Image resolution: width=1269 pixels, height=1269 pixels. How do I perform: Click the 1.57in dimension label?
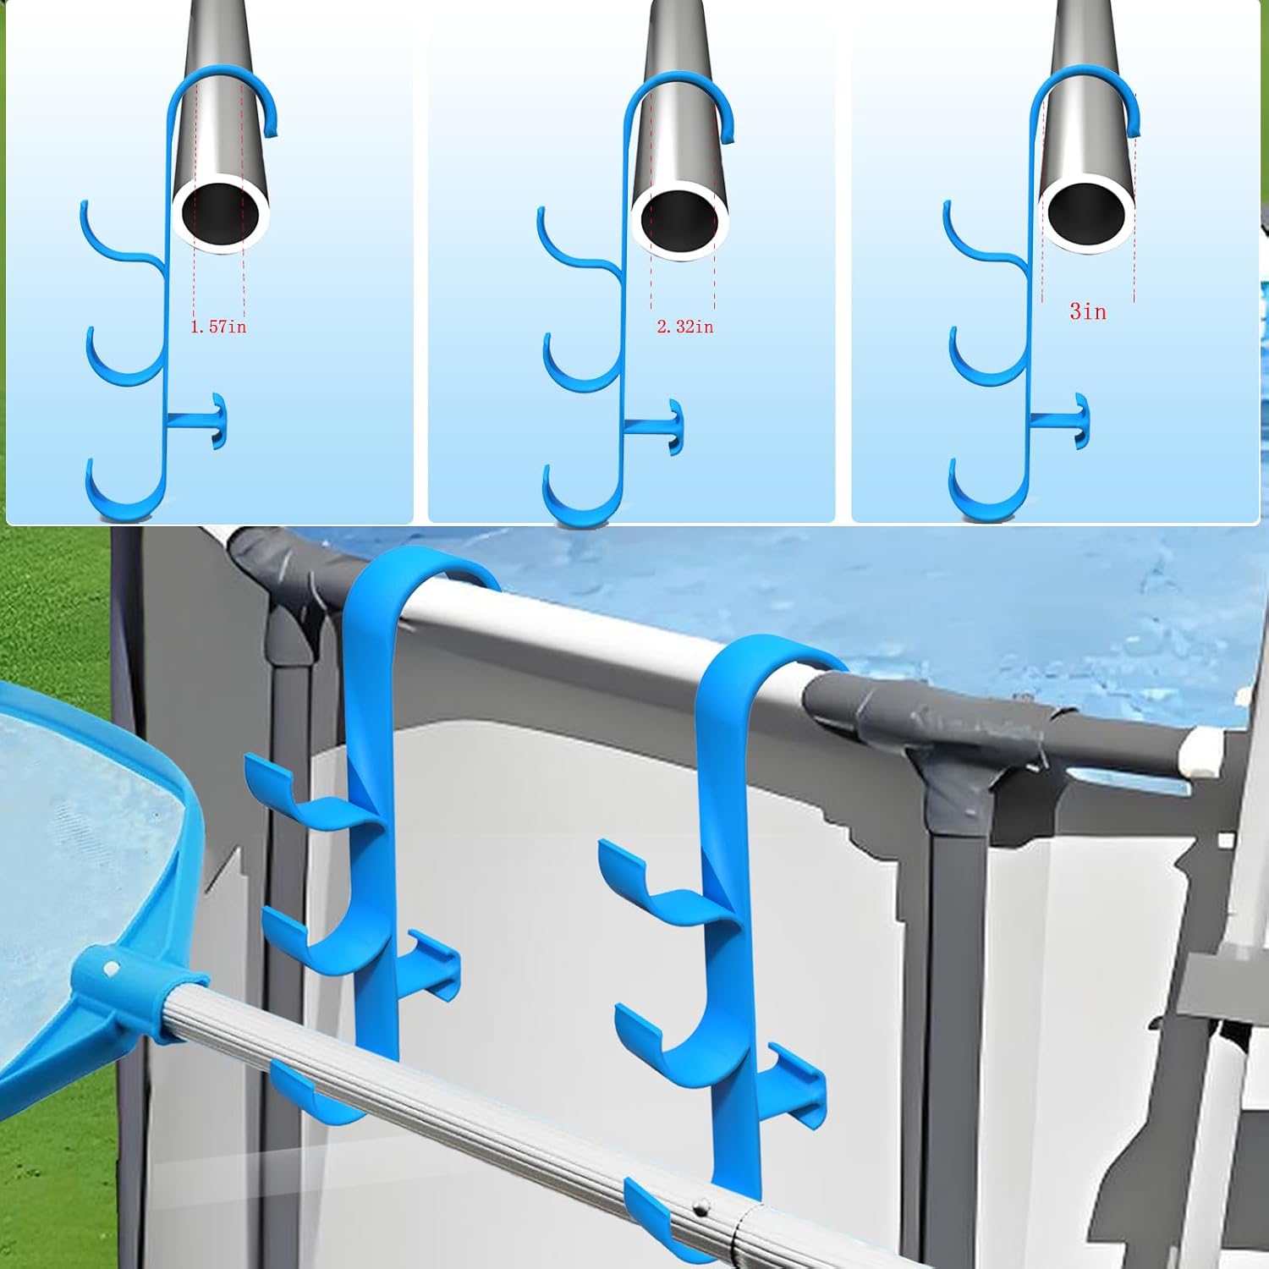(x=218, y=327)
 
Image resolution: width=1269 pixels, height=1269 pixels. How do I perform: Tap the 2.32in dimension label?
(x=685, y=327)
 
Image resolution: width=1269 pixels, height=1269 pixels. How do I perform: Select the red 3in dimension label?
(x=1087, y=312)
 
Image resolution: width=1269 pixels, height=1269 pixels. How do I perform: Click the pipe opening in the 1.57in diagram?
(x=220, y=213)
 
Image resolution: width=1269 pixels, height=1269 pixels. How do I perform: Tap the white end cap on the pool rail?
(x=1201, y=750)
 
